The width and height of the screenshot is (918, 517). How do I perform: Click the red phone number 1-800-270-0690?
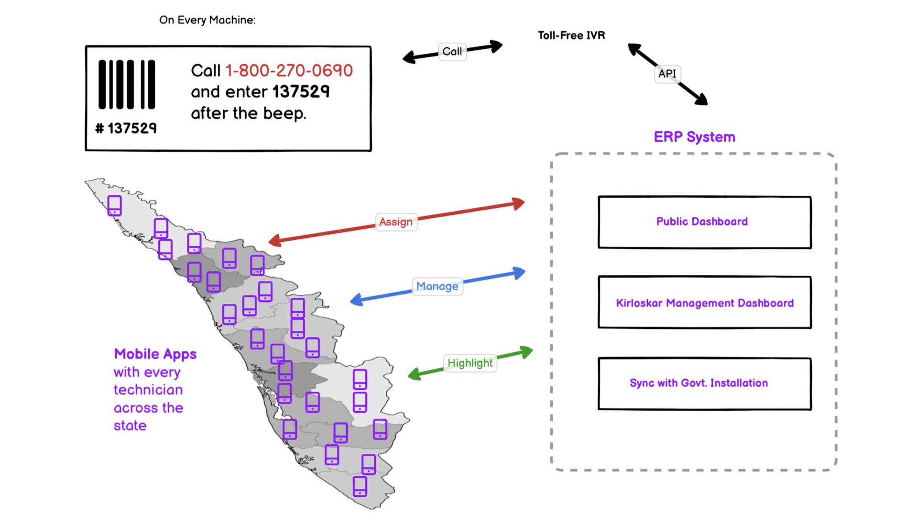(289, 71)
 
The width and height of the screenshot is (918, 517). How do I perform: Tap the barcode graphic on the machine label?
(127, 85)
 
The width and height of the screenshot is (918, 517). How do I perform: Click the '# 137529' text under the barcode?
(126, 128)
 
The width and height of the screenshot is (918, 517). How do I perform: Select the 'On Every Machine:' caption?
(207, 20)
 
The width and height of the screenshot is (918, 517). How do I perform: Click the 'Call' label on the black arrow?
(452, 52)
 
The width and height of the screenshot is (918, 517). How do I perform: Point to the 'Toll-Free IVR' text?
(571, 35)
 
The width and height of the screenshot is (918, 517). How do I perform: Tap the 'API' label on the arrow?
(667, 74)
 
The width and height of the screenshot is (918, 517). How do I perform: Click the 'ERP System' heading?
(694, 137)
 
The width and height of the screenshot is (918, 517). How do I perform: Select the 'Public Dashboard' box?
(704, 222)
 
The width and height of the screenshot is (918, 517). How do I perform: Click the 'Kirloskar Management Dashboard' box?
(704, 303)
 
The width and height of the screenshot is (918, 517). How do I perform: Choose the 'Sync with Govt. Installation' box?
(704, 383)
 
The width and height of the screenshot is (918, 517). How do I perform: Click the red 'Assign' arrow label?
(396, 222)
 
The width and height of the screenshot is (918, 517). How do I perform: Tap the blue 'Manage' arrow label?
(437, 286)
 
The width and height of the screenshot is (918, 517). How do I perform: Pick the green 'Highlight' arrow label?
(470, 363)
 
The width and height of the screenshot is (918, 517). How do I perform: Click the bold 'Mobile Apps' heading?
(155, 354)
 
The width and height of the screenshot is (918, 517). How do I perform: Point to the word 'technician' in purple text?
(148, 390)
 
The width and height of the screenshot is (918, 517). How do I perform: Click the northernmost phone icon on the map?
(114, 205)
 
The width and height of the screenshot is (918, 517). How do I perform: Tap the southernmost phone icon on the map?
(360, 486)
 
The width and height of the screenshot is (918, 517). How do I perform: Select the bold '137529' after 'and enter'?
(301, 92)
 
